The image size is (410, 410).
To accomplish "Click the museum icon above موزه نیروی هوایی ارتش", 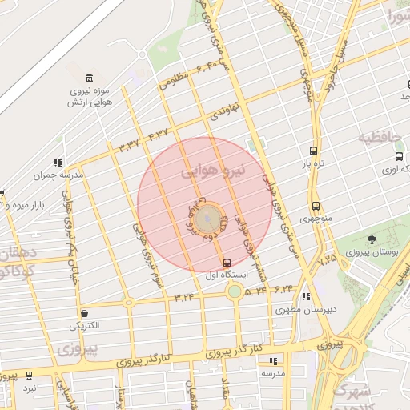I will tap(88, 78).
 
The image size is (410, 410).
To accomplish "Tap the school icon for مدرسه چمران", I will tap(58, 163).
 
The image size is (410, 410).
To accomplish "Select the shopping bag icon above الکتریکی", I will tap(85, 313).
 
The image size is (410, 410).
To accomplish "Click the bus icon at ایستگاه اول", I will tap(227, 262).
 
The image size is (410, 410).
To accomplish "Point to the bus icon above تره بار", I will tap(313, 151).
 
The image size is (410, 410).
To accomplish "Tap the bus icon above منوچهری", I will tap(316, 206).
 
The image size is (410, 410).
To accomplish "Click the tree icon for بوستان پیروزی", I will tap(372, 239).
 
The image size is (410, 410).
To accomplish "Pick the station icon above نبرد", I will tap(30, 375).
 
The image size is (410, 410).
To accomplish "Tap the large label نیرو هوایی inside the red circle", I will tap(211, 170).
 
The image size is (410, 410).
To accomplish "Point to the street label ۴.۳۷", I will tap(158, 134).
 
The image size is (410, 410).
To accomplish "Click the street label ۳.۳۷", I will tap(128, 145).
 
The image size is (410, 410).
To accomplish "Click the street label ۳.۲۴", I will tap(184, 296).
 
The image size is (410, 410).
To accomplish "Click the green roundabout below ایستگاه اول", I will tap(235, 291).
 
